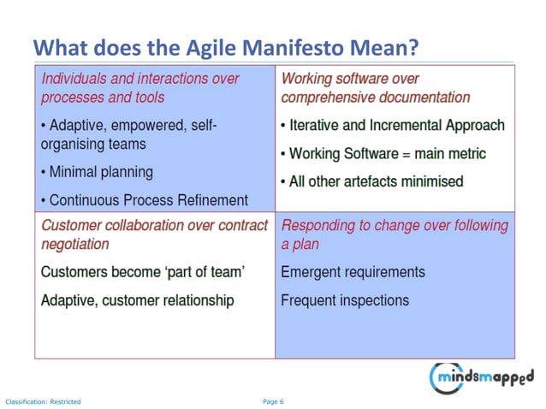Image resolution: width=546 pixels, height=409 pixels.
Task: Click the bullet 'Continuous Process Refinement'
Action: pos(145,201)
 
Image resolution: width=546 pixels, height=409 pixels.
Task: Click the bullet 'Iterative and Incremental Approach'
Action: pos(393,125)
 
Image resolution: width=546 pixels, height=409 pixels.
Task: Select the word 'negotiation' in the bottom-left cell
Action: pos(75,244)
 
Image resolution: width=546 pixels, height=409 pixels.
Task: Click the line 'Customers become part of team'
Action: pos(143,272)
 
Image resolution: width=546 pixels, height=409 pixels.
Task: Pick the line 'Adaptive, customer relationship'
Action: pos(137,300)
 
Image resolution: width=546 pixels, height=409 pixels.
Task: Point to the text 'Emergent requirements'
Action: pos(353,272)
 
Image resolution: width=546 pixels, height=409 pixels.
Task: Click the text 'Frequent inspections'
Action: pos(345,300)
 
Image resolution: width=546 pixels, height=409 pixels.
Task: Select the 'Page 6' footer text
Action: pos(272,401)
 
